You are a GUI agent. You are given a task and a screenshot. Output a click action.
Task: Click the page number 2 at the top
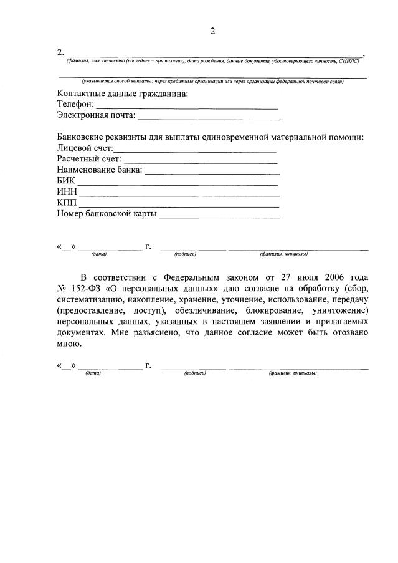pos(212,32)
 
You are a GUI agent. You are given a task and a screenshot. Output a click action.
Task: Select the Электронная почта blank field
pos(209,117)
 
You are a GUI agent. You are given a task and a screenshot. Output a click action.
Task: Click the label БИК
pos(65,181)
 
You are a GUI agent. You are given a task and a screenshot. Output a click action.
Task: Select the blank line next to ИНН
pos(178,193)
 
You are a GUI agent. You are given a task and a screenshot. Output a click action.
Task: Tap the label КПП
pos(66,203)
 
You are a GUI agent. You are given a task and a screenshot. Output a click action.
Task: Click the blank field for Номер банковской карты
pos(220,215)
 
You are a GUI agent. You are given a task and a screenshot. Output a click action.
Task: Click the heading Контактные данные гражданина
pos(122,94)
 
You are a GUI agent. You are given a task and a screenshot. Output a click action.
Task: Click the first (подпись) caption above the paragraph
pos(186,254)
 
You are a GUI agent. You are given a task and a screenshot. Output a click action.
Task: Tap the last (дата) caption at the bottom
pos(94,373)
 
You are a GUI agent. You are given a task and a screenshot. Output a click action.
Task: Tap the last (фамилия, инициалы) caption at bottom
pos(293,373)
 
